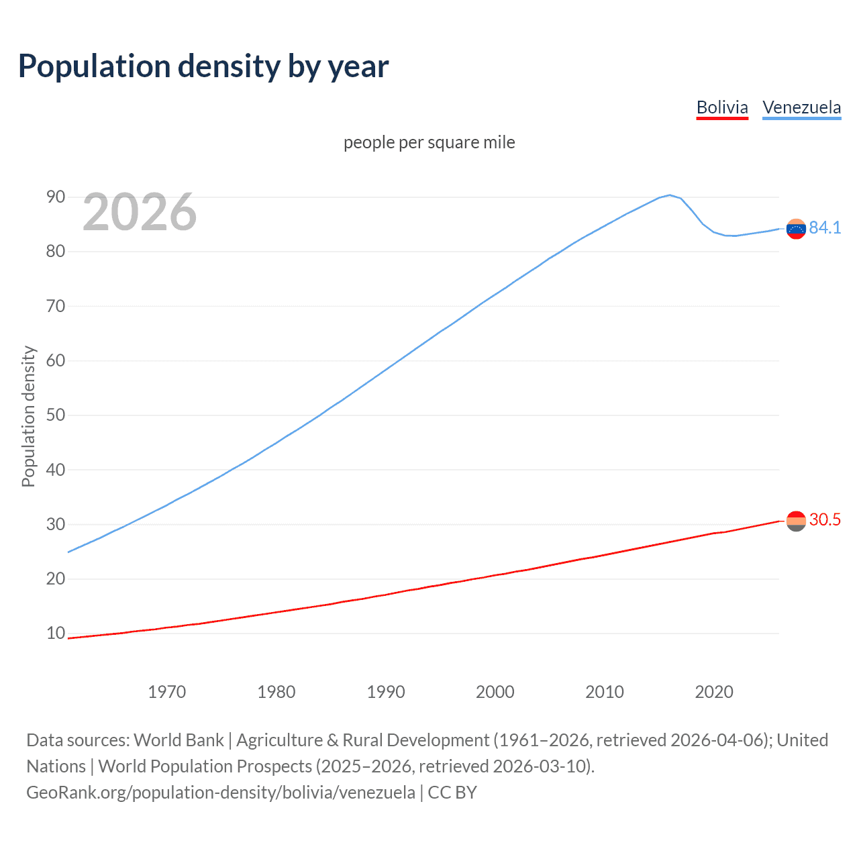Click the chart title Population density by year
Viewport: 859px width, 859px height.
click(203, 66)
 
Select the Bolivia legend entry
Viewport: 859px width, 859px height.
click(722, 107)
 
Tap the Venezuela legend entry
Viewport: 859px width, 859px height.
click(801, 107)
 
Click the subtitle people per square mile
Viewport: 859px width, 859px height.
click(429, 142)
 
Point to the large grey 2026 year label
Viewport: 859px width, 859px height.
click(140, 212)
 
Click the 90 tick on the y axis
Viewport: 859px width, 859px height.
click(56, 197)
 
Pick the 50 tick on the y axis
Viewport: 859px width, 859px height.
click(56, 415)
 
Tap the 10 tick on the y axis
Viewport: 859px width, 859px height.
click(56, 633)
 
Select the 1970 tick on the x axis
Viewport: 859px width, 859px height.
click(166, 692)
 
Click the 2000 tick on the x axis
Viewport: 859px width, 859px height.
click(495, 692)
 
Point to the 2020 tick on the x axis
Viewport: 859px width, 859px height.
click(713, 692)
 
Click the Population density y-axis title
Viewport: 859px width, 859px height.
click(28, 416)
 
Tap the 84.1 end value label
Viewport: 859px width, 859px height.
click(825, 228)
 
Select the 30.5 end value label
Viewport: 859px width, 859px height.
click(825, 520)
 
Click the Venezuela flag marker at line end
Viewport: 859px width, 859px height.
click(796, 229)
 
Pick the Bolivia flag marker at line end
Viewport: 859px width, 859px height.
click(796, 521)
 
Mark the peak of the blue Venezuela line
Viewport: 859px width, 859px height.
click(669, 195)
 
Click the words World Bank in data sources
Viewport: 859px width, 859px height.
click(179, 740)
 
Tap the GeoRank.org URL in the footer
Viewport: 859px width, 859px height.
click(221, 793)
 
